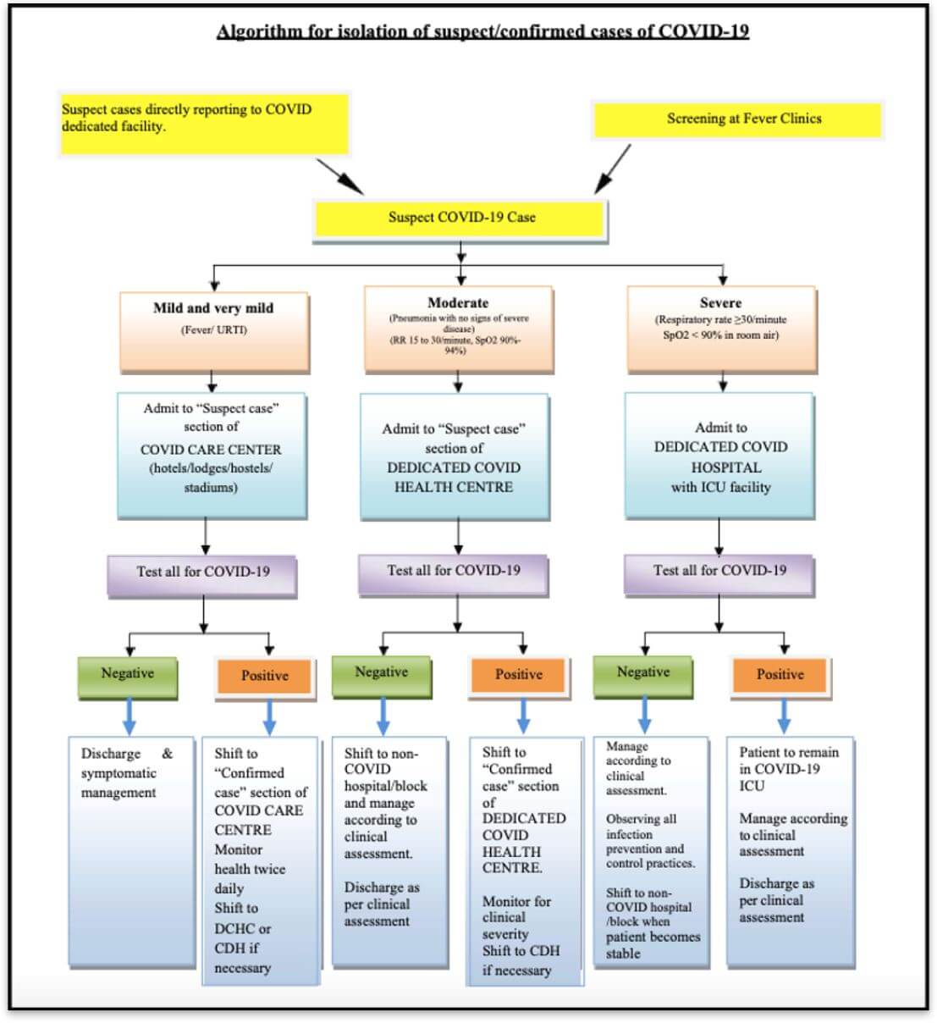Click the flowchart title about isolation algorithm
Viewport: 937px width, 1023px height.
point(482,31)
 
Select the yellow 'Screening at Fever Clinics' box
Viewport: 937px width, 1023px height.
point(737,119)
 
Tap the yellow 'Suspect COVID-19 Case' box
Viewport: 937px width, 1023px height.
point(460,218)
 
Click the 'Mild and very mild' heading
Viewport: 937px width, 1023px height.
point(213,308)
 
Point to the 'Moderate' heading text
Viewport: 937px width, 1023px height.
point(458,302)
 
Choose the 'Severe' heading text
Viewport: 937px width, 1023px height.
point(720,302)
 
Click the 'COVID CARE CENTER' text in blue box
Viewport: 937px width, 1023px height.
point(211,450)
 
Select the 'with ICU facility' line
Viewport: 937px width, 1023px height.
point(720,488)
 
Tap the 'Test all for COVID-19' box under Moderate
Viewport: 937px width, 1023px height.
point(454,572)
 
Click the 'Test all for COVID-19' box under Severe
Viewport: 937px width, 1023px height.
point(719,572)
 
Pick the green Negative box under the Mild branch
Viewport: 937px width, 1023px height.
point(128,675)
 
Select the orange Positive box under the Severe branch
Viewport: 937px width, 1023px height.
point(780,676)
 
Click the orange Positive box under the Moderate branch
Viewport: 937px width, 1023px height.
point(518,676)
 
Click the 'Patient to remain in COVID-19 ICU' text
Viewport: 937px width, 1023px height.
point(788,769)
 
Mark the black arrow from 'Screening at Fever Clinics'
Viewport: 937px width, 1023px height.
point(613,169)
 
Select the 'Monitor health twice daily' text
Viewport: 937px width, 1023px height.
point(249,869)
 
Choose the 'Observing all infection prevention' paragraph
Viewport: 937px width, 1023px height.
point(650,841)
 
